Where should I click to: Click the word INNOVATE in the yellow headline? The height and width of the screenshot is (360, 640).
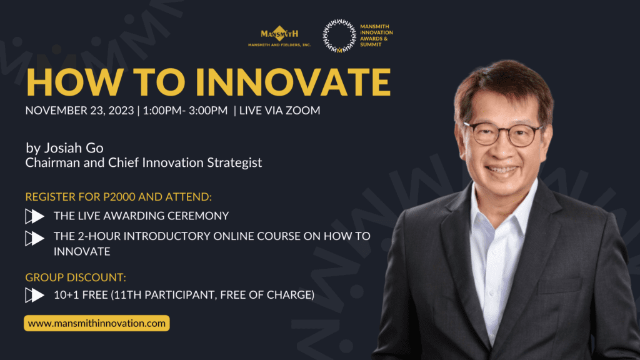pos(292,82)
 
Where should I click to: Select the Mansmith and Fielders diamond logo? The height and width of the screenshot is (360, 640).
pos(279,36)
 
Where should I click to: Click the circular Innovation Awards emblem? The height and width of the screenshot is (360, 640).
pos(339,36)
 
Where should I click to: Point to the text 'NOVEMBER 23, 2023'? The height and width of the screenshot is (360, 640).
pos(79,111)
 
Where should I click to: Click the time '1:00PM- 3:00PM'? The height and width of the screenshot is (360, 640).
pos(185,111)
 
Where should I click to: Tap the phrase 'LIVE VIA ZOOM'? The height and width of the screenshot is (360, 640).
pos(279,111)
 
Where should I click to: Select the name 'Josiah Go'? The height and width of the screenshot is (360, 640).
pos(74,147)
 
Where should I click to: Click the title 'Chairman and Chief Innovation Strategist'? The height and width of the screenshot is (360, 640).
pos(144,162)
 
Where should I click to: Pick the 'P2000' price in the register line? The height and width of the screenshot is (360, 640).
pos(119,197)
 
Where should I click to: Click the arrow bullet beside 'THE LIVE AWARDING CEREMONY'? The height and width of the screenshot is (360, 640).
pos(35,216)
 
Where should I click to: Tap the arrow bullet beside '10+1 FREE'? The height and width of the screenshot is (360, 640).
pos(35,295)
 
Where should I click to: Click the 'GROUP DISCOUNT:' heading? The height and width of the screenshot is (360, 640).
pos(76,277)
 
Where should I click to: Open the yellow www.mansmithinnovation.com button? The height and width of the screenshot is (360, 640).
pos(97,323)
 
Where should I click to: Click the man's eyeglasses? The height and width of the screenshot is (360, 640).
pos(503,134)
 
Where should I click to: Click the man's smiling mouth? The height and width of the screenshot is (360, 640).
pos(502,170)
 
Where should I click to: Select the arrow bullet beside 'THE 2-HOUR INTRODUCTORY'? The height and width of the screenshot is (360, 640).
pos(35,238)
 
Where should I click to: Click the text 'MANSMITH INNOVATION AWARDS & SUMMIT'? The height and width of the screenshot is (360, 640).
pos(376,36)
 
